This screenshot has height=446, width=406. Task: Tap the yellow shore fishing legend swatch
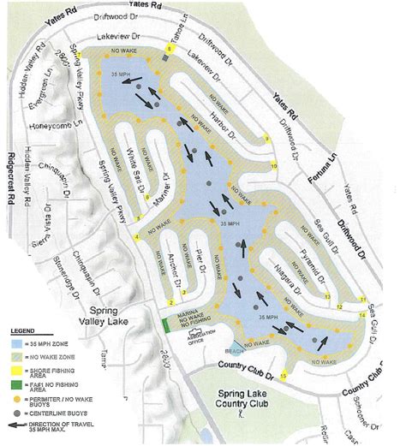pyautogui.click(x=17, y=360)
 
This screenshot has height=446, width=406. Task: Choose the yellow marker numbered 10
pyautogui.click(x=274, y=165)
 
